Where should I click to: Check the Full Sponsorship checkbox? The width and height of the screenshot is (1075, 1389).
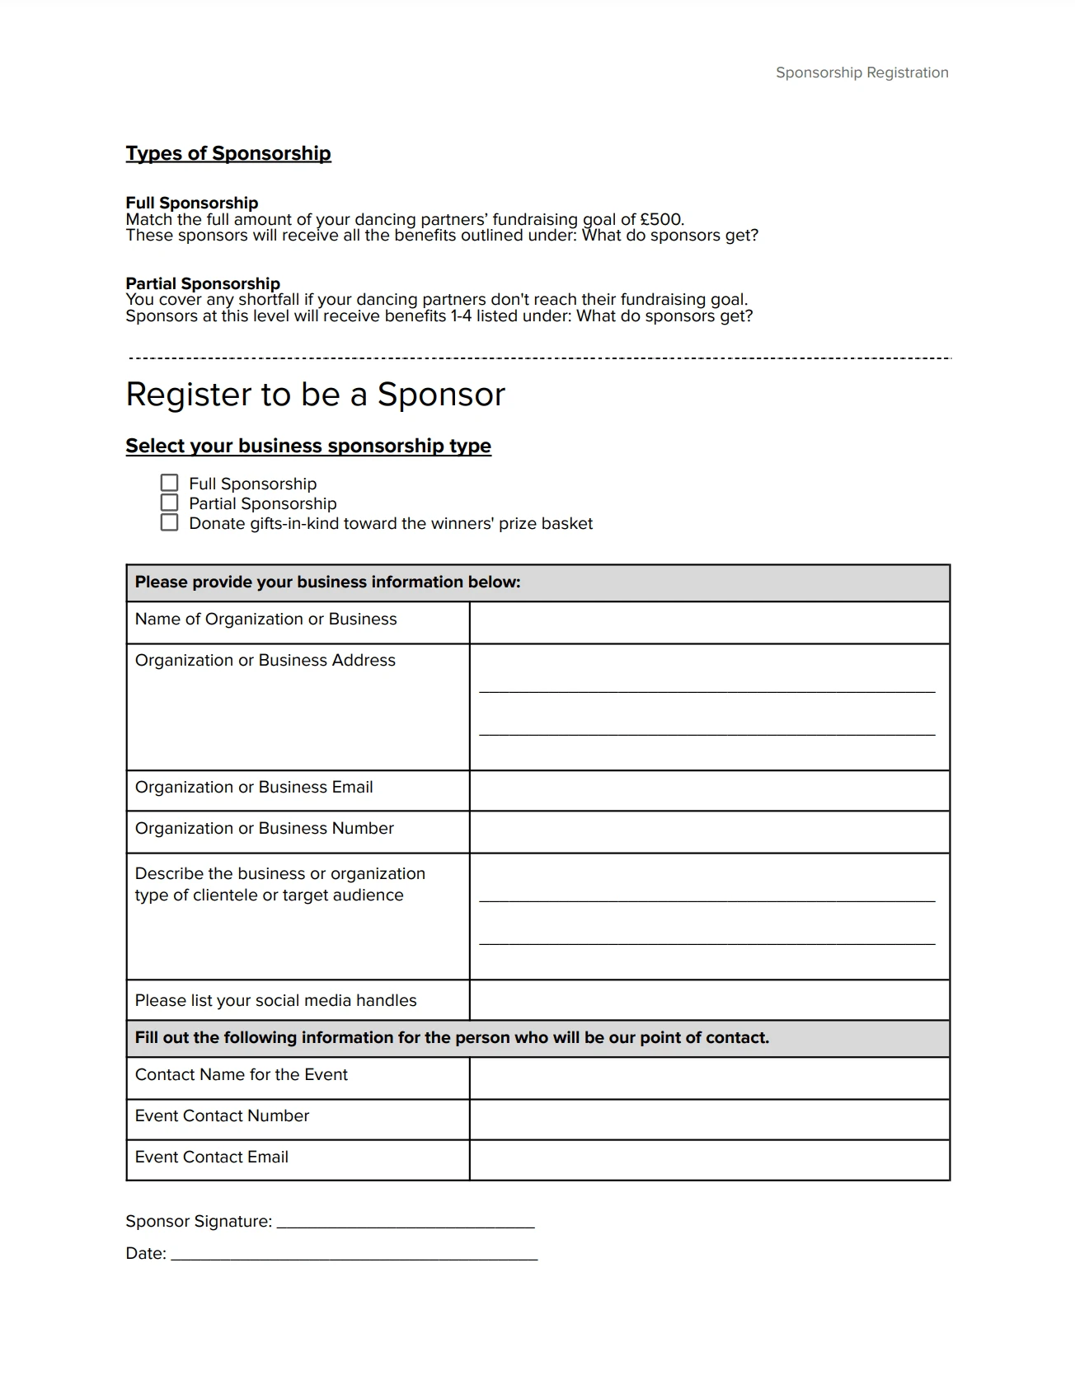[169, 483]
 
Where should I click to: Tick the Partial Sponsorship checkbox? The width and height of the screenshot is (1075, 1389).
[169, 503]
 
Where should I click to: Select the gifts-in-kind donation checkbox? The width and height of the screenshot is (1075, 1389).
[169, 522]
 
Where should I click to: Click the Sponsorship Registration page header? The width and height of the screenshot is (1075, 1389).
[861, 72]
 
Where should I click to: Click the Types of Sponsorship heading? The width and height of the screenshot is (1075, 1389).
[228, 153]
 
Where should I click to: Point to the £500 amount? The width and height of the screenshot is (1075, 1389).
[661, 219]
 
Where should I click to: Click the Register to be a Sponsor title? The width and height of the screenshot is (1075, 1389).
[315, 394]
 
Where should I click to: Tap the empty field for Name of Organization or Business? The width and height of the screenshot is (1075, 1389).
[709, 623]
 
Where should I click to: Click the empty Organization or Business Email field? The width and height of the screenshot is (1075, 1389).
[709, 791]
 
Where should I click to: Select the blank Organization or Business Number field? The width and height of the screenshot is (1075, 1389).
[709, 832]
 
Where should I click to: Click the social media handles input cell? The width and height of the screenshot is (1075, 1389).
[709, 1001]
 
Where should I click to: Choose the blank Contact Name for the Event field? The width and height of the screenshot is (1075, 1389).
[709, 1078]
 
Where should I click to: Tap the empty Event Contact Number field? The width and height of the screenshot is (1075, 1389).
[709, 1120]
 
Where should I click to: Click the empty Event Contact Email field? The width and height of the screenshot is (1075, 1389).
[709, 1160]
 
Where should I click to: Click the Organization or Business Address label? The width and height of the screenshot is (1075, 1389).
[265, 661]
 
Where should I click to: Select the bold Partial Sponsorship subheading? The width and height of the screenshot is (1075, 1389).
[203, 283]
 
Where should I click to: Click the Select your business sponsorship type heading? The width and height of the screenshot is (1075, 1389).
[308, 446]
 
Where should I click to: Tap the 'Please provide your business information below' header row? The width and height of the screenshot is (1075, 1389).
[537, 582]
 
